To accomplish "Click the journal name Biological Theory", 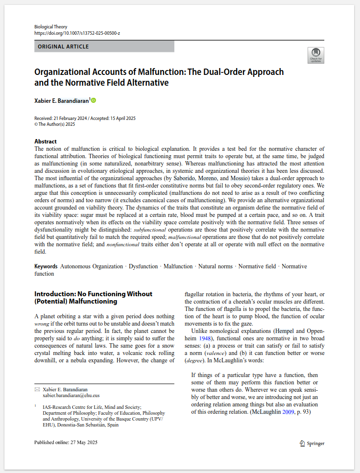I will coord(51,26).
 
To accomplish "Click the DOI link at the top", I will coord(77,33).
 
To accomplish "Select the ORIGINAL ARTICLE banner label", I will coord(63,47).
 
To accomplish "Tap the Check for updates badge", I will coord(315,55).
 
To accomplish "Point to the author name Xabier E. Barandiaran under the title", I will coord(61,100).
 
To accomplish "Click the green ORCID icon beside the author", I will coord(94,100).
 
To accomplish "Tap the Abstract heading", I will coord(46,142).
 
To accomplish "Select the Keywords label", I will coord(46,266).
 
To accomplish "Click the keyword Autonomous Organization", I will coord(92,266).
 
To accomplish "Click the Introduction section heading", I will coord(93,297).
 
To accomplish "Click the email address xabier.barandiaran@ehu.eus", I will coord(71,395).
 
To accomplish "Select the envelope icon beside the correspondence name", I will coord(37,389).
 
